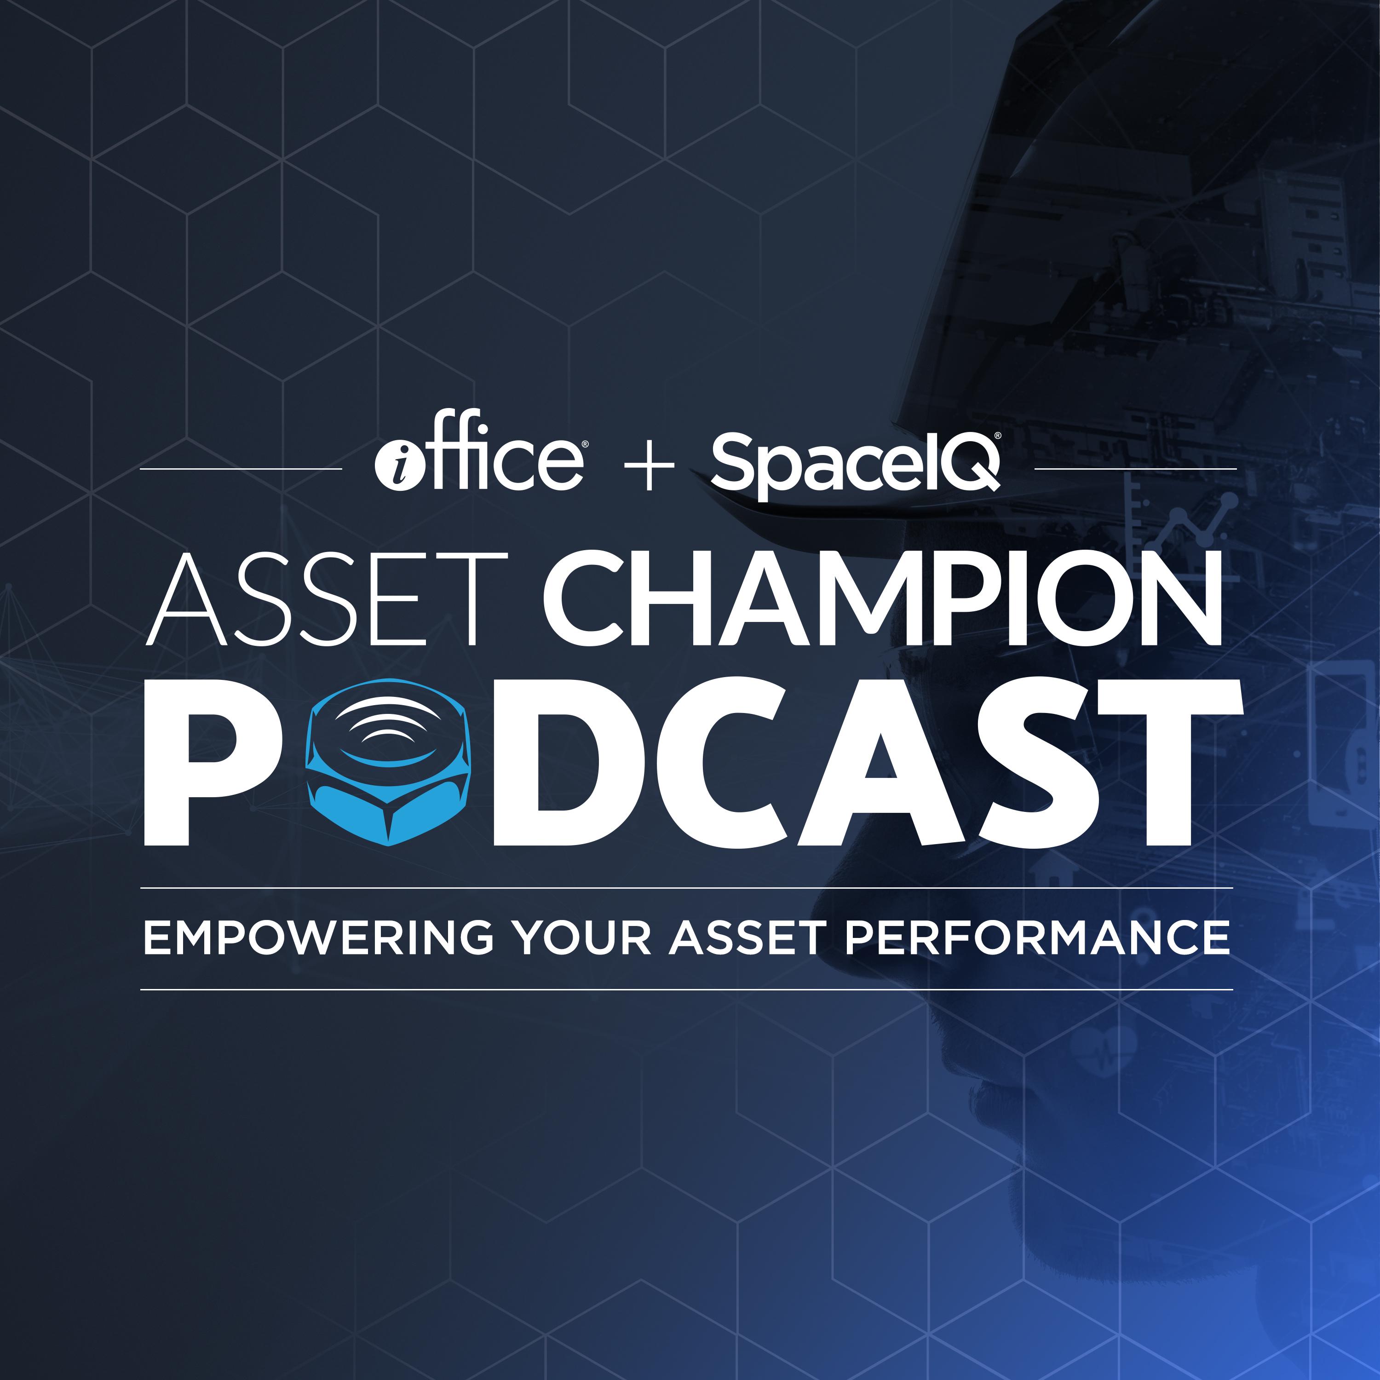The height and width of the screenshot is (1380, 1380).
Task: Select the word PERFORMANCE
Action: tap(1038, 938)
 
